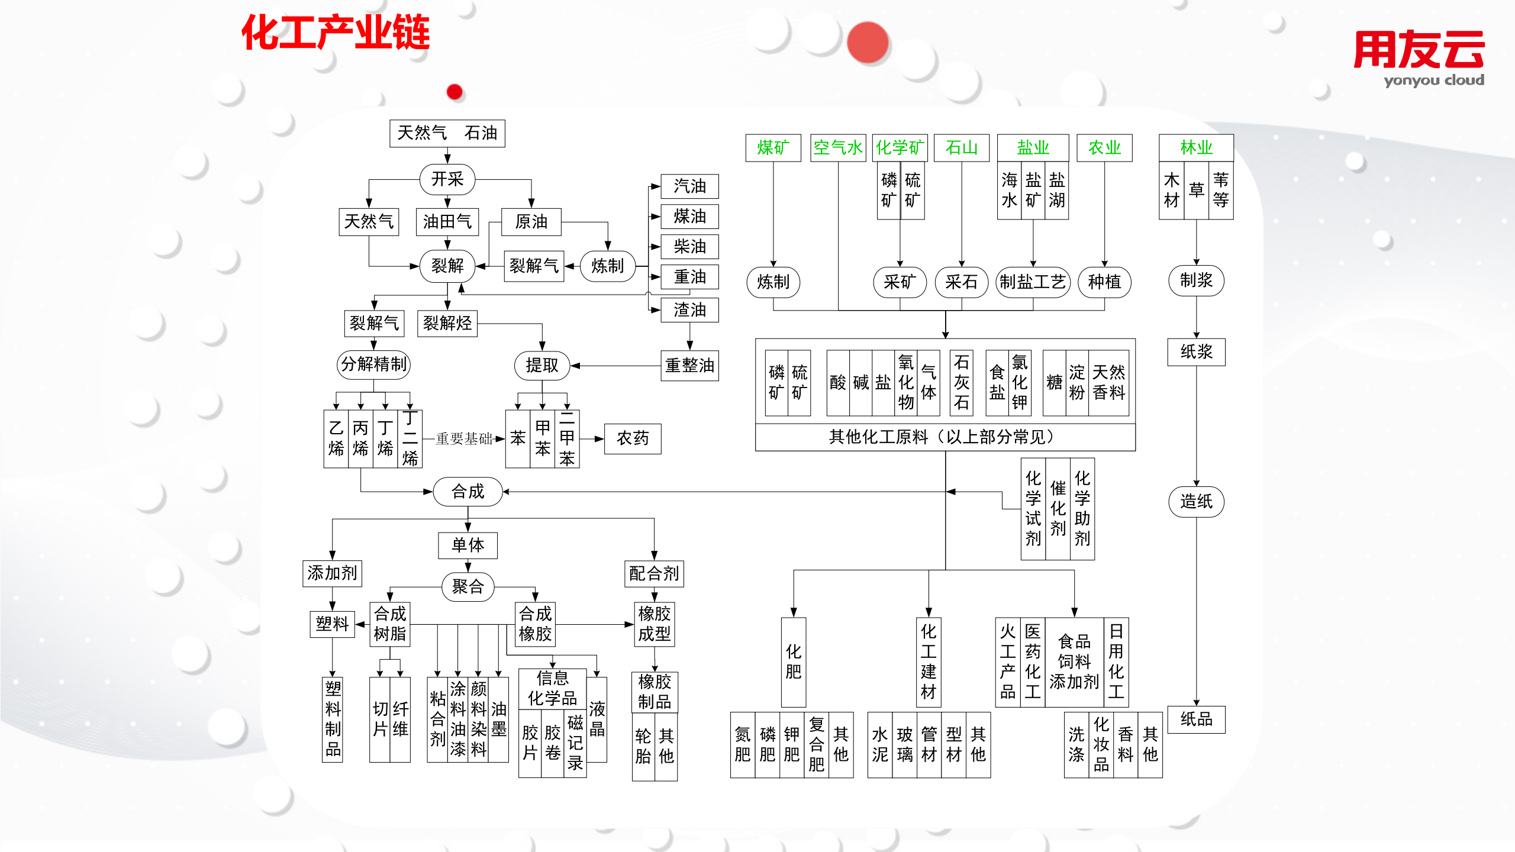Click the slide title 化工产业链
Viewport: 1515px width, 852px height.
pos(335,33)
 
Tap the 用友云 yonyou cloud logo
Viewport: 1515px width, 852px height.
pos(1419,58)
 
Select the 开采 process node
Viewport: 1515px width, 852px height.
pos(447,179)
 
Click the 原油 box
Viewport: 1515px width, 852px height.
pos(531,222)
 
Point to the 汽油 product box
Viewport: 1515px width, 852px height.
pos(689,186)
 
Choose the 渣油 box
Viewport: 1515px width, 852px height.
pos(689,309)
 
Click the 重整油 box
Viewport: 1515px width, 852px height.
pos(689,366)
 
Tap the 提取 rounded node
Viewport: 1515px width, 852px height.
pos(541,366)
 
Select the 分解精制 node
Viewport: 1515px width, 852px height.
pos(373,364)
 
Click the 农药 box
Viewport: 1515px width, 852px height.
pos(632,438)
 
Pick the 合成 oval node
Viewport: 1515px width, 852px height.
pos(468,492)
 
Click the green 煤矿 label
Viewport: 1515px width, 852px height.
pos(773,148)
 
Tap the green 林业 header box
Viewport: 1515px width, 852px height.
pos(1196,148)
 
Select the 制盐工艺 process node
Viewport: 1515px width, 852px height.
pos(1033,282)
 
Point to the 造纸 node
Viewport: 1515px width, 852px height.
pos(1196,502)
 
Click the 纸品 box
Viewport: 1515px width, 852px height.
pos(1196,719)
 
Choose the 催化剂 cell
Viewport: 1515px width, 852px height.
pos(1058,509)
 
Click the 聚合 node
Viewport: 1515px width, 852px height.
pos(468,587)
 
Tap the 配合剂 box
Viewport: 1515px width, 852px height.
pos(654,573)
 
